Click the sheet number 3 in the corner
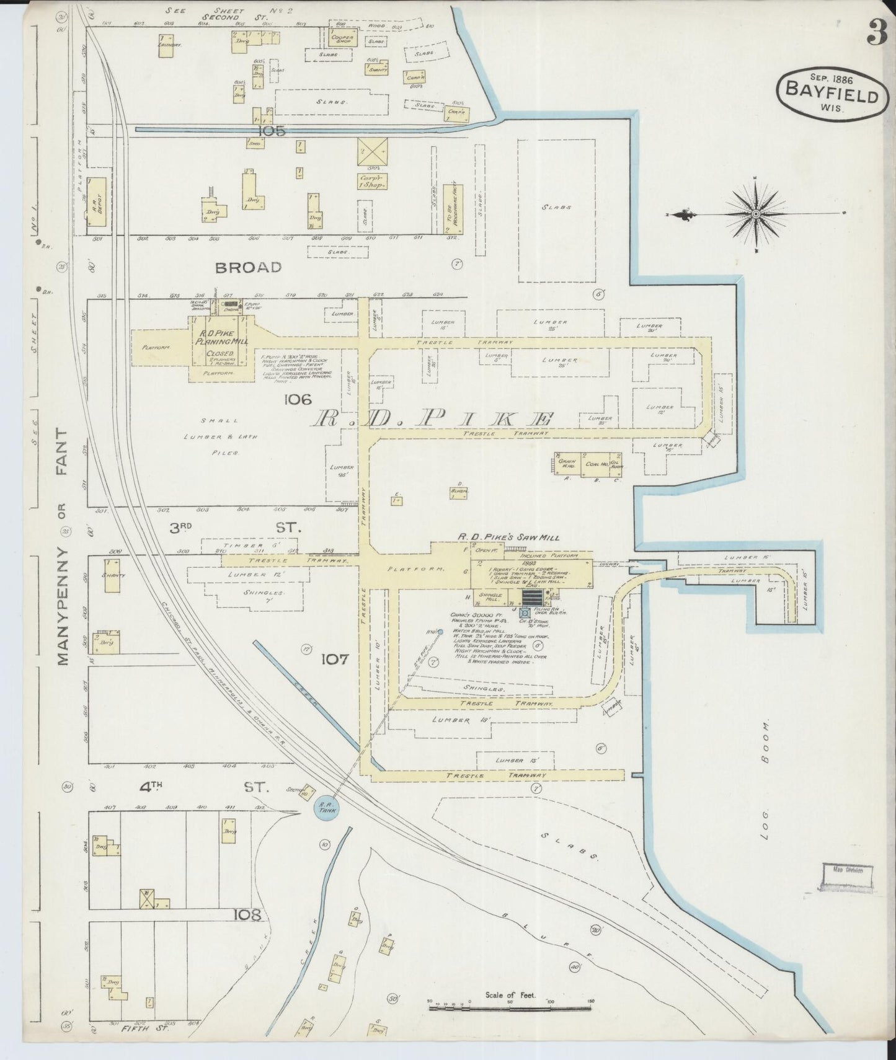tap(877, 32)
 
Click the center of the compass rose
tap(756, 214)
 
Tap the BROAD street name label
tap(248, 267)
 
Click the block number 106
tap(297, 400)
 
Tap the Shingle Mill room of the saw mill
tap(490, 598)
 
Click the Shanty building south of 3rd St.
tap(112, 575)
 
